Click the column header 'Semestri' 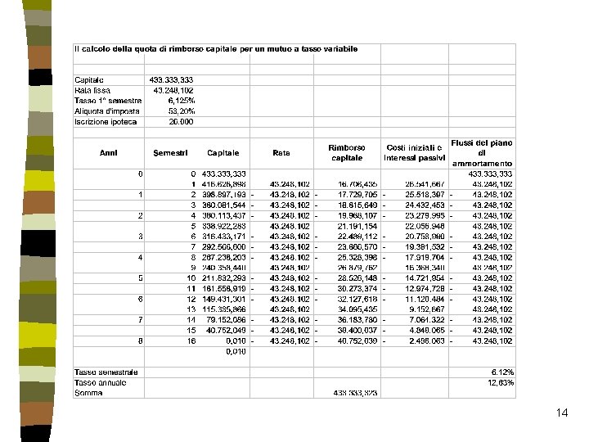tap(170, 153)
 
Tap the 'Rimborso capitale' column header tap(346, 152)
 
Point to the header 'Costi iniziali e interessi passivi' tap(415, 152)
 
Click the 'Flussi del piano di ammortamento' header tap(483, 153)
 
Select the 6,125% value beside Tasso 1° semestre tap(176, 101)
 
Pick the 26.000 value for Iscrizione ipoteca tap(181, 121)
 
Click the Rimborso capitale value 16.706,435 tap(356, 184)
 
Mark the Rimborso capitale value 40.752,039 tap(356, 341)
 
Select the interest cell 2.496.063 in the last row tap(425, 341)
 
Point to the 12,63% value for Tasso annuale tap(500, 382)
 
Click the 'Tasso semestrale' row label tap(106, 372)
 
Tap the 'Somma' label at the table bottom tap(88, 393)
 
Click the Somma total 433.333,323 tap(356, 393)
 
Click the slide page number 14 tap(561, 413)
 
